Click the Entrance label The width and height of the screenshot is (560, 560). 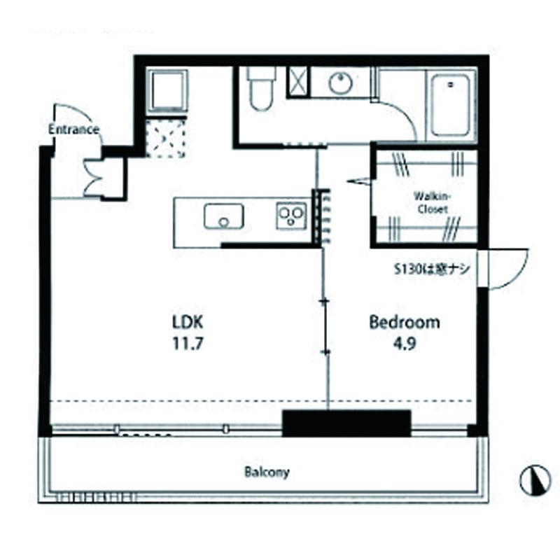click(73, 129)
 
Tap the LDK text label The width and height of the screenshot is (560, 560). click(188, 322)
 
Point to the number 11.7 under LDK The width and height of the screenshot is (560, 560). click(188, 344)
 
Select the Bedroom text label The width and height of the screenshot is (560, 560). click(405, 322)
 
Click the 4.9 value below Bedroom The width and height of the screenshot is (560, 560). click(405, 344)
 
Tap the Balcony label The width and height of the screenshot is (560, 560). click(267, 472)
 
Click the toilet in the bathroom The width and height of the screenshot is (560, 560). click(261, 89)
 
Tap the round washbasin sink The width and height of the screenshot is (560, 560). click(340, 83)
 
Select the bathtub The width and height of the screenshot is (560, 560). click(450, 106)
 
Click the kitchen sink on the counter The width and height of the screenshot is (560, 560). click(224, 216)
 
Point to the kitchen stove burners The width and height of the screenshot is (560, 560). click(291, 216)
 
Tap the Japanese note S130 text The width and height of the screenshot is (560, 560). click(431, 269)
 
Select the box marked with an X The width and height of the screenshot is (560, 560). click(297, 82)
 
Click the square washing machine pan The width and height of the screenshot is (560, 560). click(167, 91)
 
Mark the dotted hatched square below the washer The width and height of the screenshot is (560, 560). click(165, 139)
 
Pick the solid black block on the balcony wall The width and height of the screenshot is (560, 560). click(346, 423)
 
